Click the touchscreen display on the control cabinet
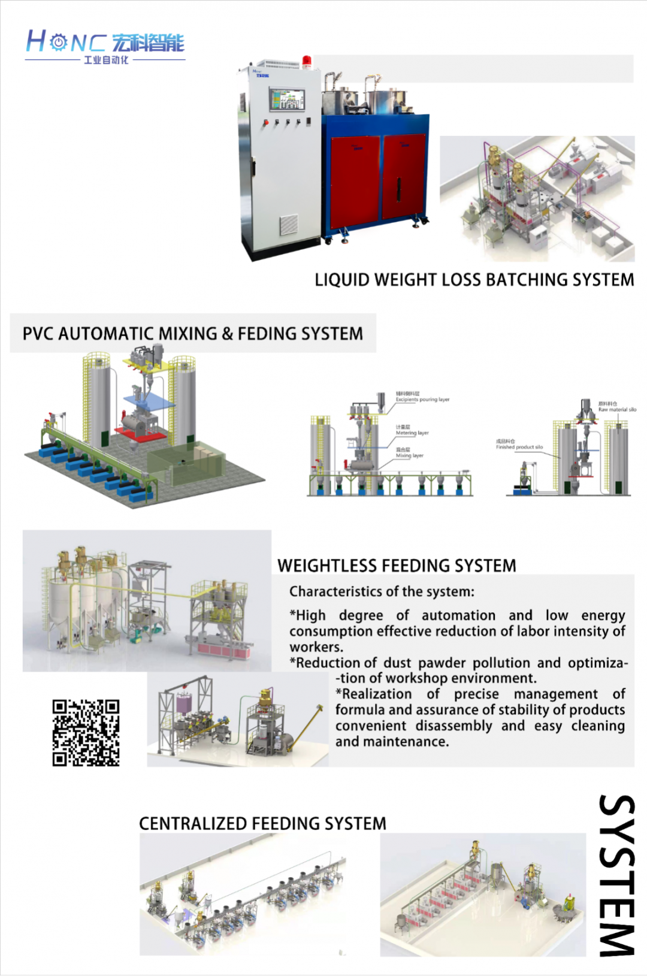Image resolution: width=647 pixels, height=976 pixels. click(286, 99)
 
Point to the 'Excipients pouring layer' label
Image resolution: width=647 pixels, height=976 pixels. click(422, 400)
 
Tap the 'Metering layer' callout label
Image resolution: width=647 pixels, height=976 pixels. click(412, 433)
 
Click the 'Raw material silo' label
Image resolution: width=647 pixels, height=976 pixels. click(617, 410)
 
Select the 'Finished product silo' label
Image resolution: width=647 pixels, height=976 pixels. click(519, 447)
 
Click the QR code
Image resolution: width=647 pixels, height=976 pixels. click(86, 732)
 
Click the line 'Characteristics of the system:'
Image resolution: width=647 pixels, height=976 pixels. click(382, 592)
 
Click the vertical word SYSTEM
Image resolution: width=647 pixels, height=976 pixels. click(617, 875)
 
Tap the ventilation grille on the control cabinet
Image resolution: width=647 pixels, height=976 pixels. click(289, 225)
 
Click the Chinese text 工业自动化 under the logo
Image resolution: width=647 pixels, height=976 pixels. click(106, 60)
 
